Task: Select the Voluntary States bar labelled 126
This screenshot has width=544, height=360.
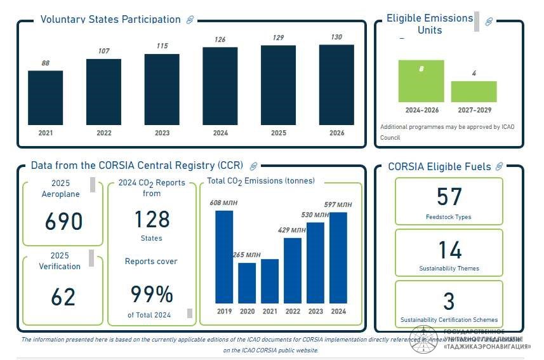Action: [220, 86]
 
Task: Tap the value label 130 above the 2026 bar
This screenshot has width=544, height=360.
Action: [336, 37]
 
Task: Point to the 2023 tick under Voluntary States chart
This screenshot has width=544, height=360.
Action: [162, 133]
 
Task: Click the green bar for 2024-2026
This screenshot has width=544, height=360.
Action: [421, 81]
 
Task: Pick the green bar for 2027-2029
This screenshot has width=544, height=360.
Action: [474, 91]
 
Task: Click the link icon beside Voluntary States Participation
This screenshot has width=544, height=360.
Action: [190, 20]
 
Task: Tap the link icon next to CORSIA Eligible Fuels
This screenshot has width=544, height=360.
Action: [499, 166]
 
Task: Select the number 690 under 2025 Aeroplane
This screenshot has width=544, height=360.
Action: [63, 222]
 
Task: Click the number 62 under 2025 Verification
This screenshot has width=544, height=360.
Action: [63, 297]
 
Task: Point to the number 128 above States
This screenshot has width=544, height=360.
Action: [152, 219]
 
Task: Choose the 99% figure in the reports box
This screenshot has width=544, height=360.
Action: [152, 295]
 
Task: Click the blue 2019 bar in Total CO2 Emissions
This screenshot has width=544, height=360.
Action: [224, 257]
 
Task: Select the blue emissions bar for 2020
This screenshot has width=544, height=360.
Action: [247, 283]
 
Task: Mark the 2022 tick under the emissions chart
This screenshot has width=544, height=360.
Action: [293, 311]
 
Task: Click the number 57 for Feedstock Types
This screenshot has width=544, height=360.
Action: [449, 197]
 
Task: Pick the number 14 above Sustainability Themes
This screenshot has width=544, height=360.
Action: [449, 250]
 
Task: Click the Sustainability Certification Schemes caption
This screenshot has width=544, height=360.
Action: [449, 320]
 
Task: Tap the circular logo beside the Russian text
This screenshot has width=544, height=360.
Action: [423, 340]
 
